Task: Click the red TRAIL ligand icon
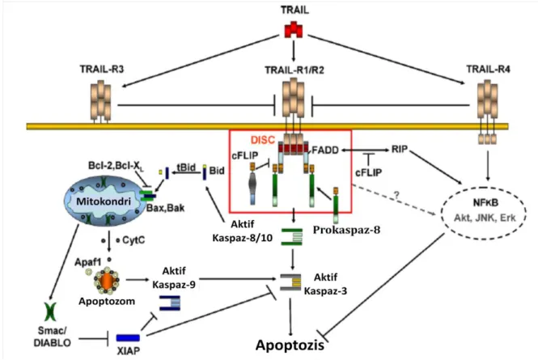[294, 29]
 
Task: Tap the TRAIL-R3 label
[102, 70]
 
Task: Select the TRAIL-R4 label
[488, 70]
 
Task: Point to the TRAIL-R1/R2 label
[294, 70]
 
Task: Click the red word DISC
[263, 140]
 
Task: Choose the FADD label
[325, 150]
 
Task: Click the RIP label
[400, 150]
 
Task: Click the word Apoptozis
[290, 345]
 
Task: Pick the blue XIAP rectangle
[128, 338]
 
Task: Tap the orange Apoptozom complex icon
[106, 281]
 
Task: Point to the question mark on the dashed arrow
[396, 196]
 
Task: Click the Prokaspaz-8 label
[346, 230]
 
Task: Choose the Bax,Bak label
[165, 208]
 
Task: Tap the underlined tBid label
[186, 167]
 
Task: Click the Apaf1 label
[88, 263]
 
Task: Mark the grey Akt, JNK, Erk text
[485, 218]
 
